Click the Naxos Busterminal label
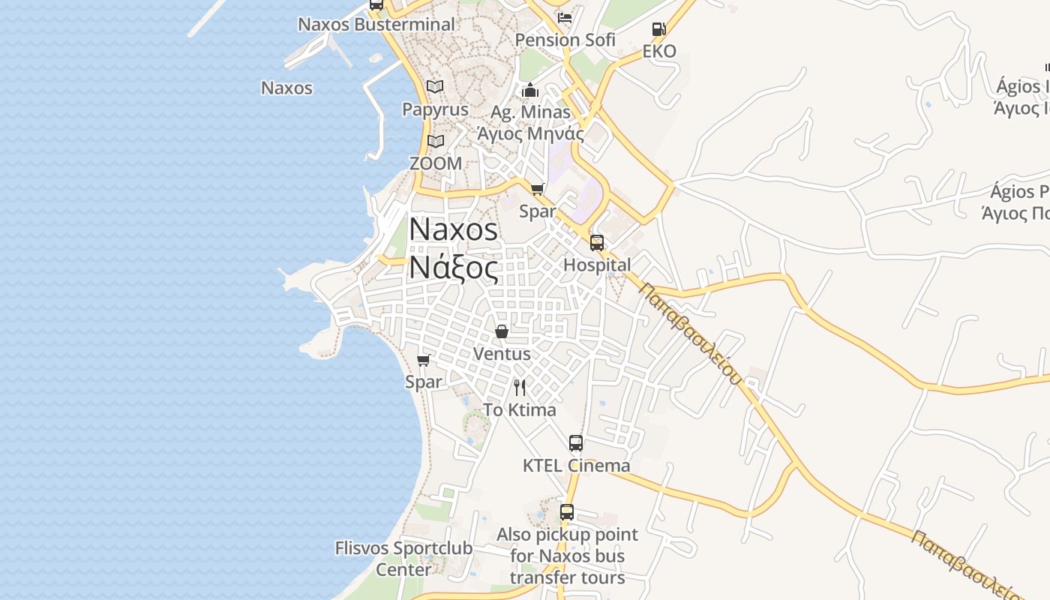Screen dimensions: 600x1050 click(x=376, y=24)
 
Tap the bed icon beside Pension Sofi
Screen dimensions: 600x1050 click(x=565, y=17)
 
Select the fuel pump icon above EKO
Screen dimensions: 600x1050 click(x=659, y=29)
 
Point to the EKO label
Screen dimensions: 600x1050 click(x=659, y=51)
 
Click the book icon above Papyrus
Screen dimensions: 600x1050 click(x=435, y=86)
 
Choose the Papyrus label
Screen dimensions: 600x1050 click(x=435, y=109)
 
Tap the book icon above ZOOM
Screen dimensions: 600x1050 click(x=435, y=141)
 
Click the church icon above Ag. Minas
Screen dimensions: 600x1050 click(x=530, y=91)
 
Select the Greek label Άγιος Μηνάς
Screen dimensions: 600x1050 click(x=530, y=133)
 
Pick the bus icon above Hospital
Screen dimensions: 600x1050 click(x=597, y=242)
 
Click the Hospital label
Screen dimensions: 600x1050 click(x=597, y=265)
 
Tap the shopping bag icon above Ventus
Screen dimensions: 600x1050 click(x=502, y=331)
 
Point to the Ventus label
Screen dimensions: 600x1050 click(x=502, y=353)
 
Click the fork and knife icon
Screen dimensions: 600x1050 click(x=520, y=388)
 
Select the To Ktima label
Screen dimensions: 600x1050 click(x=520, y=409)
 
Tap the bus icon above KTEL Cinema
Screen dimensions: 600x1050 click(x=576, y=443)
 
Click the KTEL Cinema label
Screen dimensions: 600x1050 click(x=576, y=465)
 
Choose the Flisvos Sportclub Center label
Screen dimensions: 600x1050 click(x=403, y=559)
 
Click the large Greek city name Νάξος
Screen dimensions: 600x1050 click(x=453, y=267)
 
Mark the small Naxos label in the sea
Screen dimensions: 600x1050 click(x=286, y=88)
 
